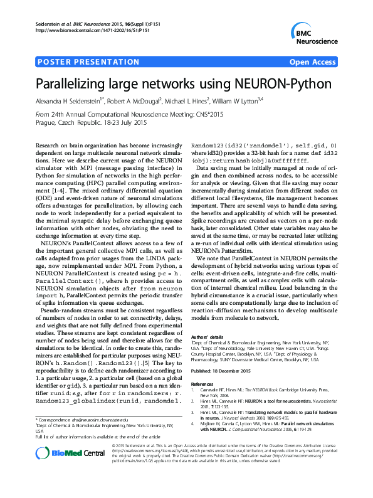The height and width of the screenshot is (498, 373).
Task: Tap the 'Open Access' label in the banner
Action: (x=312, y=62)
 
